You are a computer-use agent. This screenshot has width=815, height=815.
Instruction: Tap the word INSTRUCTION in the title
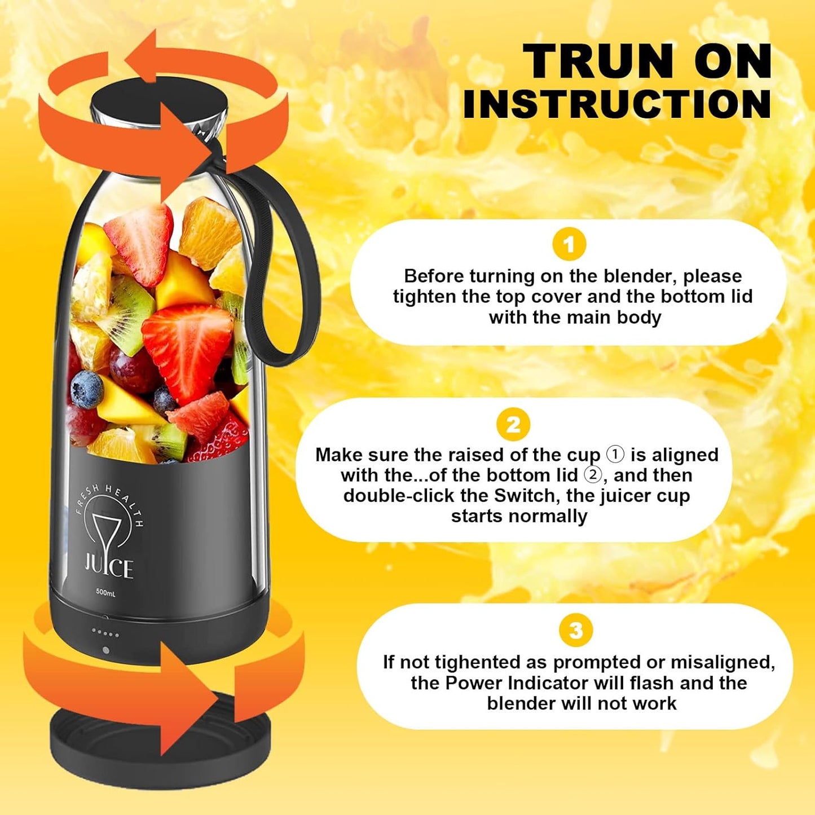click(x=618, y=104)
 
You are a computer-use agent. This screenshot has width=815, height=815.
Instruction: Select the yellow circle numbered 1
click(x=569, y=244)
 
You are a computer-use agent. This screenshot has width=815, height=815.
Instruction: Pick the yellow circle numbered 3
click(x=576, y=630)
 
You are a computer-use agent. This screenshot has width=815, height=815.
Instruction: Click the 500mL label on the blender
click(x=105, y=592)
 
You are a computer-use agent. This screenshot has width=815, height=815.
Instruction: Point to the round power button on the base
click(x=105, y=650)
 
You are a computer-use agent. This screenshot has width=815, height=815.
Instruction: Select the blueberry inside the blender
click(x=87, y=389)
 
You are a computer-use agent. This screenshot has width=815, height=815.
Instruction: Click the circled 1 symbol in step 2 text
click(x=615, y=454)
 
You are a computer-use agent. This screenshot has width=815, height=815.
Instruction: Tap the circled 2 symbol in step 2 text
click(x=593, y=475)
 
